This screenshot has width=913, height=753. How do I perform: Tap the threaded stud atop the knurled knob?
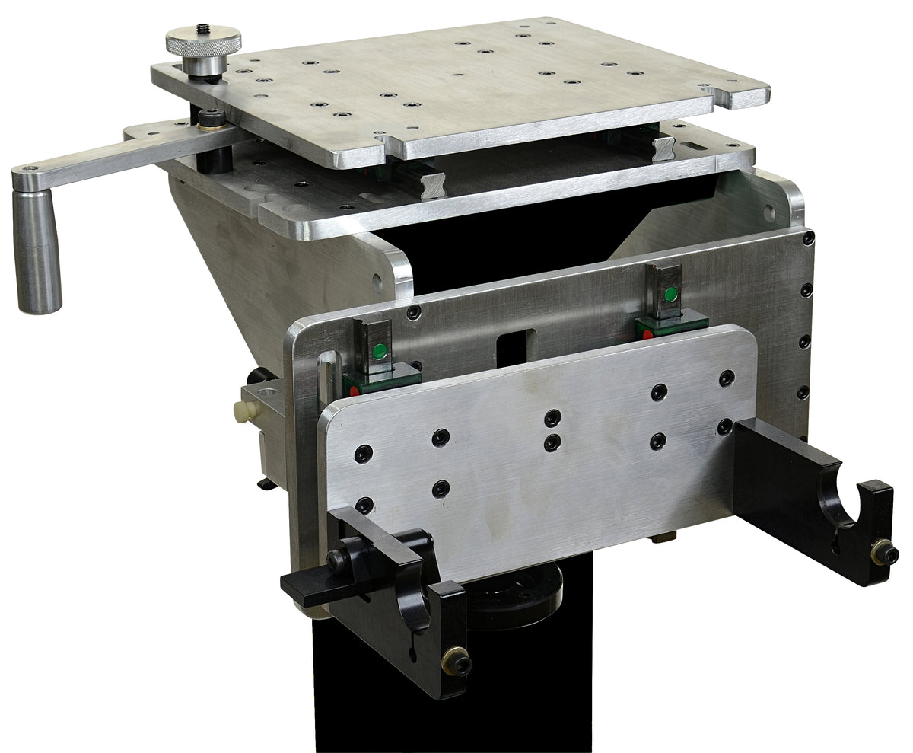click(x=204, y=30)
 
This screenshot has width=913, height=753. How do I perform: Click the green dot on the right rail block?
click(x=670, y=293)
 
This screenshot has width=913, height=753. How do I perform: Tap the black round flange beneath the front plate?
click(x=517, y=590)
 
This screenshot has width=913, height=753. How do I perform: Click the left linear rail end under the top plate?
click(x=433, y=185)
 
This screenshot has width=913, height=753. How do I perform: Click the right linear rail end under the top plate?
click(x=663, y=145)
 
